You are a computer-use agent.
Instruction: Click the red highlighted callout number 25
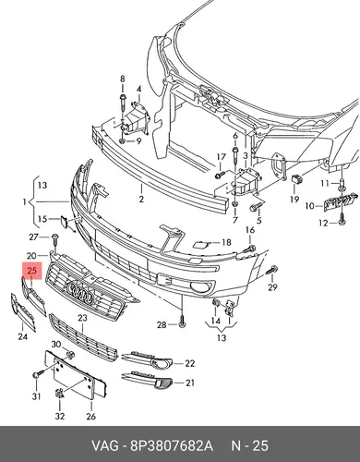pyautogui.click(x=31, y=271)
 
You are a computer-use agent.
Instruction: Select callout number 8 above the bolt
pyautogui.click(x=123, y=79)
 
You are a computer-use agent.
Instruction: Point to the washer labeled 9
pyautogui.click(x=122, y=141)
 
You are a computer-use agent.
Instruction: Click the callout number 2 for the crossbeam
pyautogui.click(x=141, y=199)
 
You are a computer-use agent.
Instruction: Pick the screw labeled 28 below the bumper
pyautogui.click(x=182, y=322)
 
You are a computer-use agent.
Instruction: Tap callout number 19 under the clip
pyautogui.click(x=294, y=200)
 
